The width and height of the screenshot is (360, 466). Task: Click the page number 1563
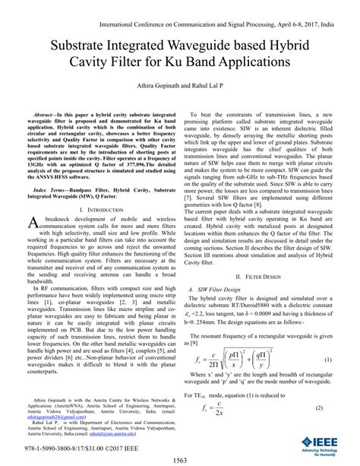click(179, 459)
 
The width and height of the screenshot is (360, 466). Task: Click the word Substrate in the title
click(86, 45)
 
